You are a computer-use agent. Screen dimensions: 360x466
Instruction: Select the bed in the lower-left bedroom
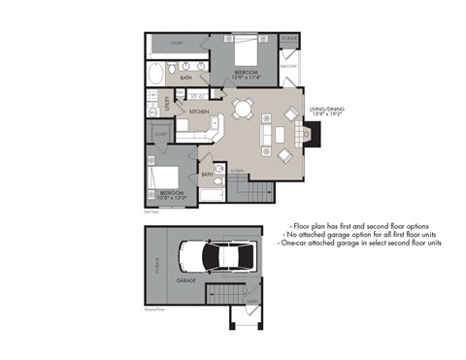click(160, 177)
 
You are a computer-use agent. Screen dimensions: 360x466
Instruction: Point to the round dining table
click(243, 107)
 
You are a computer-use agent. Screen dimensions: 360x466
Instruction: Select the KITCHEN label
click(199, 112)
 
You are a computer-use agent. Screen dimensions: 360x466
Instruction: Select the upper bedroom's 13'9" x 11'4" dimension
click(245, 78)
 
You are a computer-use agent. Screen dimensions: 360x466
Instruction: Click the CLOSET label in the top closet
click(178, 43)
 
